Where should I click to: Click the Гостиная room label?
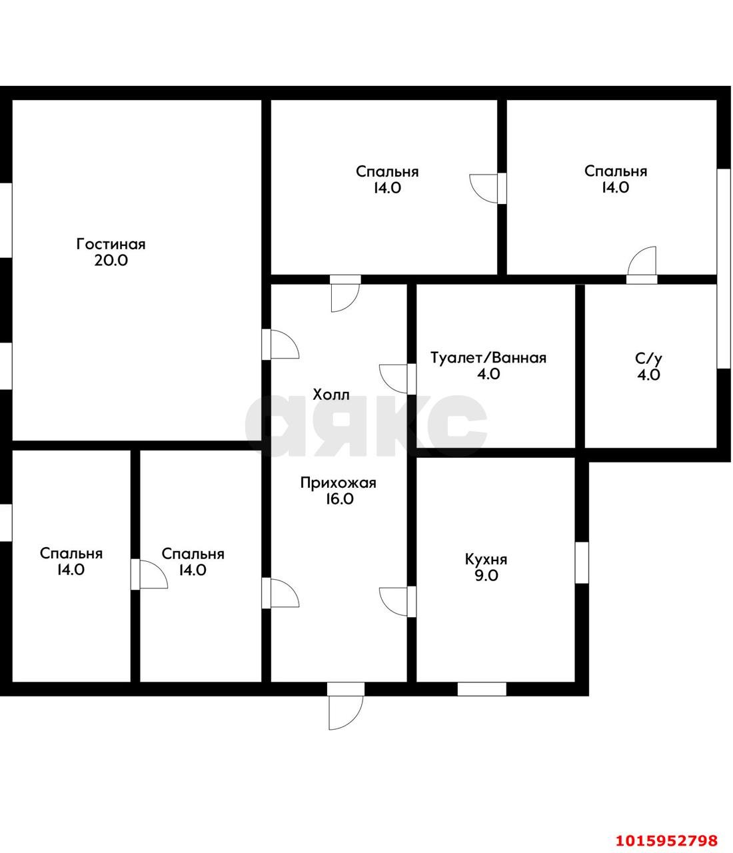click(x=111, y=244)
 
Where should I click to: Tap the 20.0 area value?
click(x=111, y=261)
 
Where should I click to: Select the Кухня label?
click(x=486, y=560)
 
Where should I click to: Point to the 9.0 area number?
click(x=486, y=576)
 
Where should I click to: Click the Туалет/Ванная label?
click(x=488, y=358)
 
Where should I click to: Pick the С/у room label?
click(x=649, y=359)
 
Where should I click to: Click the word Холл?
click(x=331, y=395)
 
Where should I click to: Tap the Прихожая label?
click(x=339, y=482)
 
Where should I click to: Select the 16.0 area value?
click(x=339, y=499)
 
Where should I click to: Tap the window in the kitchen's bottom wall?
click(x=482, y=689)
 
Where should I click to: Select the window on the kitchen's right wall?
click(x=582, y=562)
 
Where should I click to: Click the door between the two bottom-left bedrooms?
click(x=149, y=574)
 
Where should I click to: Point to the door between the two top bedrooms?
click(x=488, y=188)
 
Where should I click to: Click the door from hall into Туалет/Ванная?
click(x=397, y=379)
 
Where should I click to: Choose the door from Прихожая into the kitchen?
click(x=397, y=602)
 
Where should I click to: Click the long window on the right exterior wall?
click(x=724, y=269)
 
